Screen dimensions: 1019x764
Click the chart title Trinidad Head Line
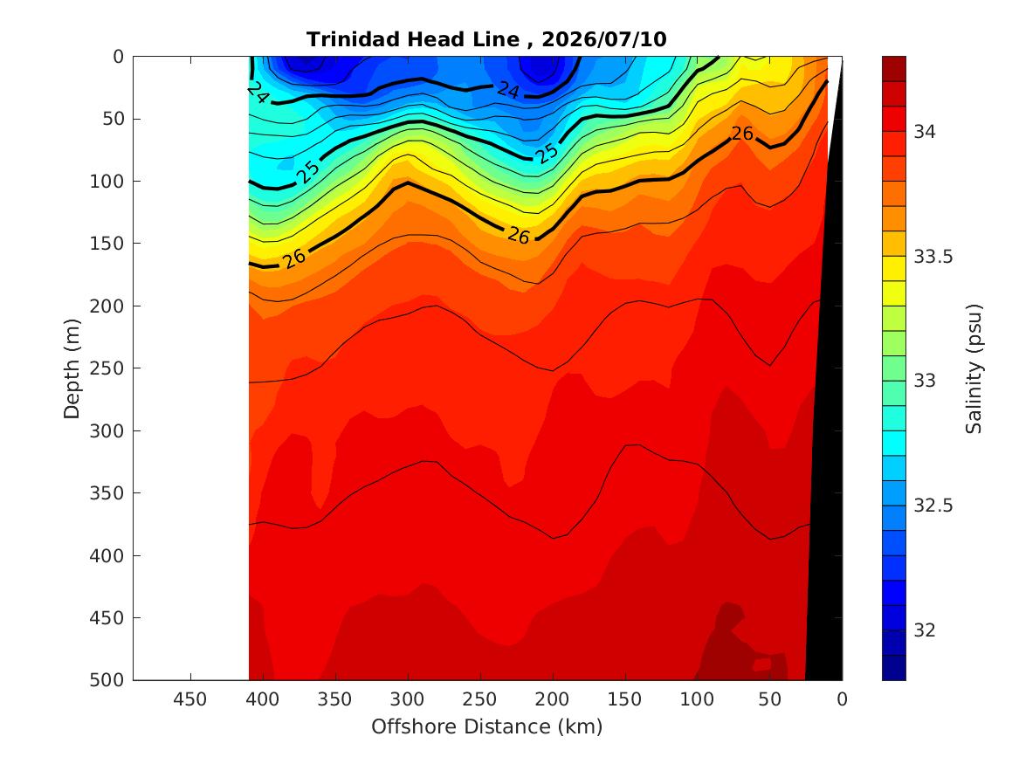pos(413,39)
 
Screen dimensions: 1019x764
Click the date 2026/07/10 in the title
pos(603,39)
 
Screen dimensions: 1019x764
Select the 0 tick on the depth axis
pos(118,57)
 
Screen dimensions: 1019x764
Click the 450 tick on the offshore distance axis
pos(189,699)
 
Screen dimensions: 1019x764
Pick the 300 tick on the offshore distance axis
pos(407,699)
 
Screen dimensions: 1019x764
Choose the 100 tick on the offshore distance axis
pos(697,699)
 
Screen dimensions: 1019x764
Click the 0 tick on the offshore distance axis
pos(843,699)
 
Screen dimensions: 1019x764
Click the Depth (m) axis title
pos(72,368)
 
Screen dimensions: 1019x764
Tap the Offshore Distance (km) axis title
pos(486,726)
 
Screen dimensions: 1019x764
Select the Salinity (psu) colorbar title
pos(974,368)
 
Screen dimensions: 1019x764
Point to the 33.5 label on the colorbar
pos(933,257)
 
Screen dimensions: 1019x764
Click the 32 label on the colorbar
pos(925,630)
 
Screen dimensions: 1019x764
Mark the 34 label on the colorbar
pos(925,132)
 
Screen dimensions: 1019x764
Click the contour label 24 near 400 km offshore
pos(258,93)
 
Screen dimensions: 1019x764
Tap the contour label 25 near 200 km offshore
pos(547,154)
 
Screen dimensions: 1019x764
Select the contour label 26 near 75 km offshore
pos(742,134)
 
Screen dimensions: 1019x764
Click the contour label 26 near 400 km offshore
pos(293,258)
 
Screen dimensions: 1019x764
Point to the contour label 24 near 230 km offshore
pos(507,90)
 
